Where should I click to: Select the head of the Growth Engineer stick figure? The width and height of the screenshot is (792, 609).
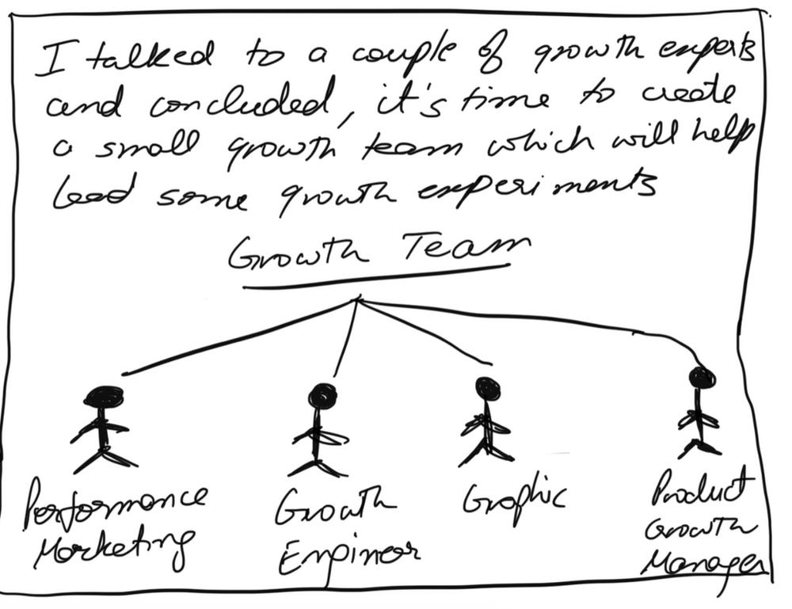tap(322, 394)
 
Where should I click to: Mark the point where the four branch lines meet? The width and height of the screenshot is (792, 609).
tap(358, 299)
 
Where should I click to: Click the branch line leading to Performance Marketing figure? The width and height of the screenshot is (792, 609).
tap(238, 337)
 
